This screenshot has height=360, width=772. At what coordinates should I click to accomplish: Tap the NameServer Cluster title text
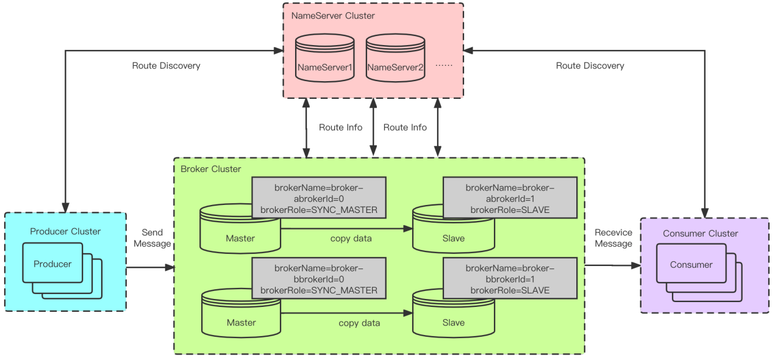(333, 15)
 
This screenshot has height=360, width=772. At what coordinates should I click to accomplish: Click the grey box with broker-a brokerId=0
(319, 197)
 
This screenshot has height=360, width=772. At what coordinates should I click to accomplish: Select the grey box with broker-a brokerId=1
(510, 197)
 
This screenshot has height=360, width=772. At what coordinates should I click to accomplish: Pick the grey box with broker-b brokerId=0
(319, 278)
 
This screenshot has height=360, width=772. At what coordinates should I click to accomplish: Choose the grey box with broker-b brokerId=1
(510, 278)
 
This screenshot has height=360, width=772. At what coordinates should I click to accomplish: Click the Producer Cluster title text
(65, 231)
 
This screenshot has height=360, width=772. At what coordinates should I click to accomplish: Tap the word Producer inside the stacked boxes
(52, 264)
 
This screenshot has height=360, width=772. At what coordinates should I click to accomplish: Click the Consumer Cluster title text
(701, 233)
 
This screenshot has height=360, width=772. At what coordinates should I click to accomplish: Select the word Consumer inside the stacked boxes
(691, 265)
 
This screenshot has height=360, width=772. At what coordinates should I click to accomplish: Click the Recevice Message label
(613, 238)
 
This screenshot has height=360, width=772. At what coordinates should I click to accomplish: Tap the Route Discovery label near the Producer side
(166, 65)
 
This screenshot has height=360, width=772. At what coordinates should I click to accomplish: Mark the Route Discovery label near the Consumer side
(590, 65)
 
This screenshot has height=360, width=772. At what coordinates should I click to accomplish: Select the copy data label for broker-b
(359, 323)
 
